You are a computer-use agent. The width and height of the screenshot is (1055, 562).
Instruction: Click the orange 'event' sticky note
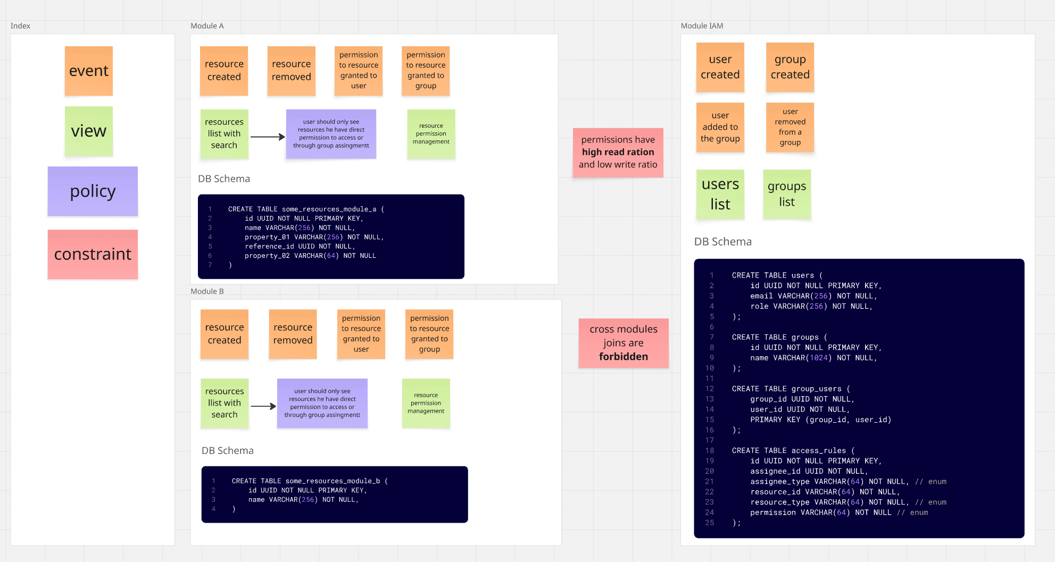click(89, 71)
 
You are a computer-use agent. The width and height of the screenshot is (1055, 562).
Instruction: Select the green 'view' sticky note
click(89, 131)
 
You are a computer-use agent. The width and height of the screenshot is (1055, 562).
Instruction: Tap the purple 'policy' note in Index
click(93, 191)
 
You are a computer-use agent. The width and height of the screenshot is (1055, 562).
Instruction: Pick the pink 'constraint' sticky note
click(93, 254)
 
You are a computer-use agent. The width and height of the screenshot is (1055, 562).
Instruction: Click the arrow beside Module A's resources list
click(268, 137)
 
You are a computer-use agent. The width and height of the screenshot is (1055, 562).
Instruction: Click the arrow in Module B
click(263, 406)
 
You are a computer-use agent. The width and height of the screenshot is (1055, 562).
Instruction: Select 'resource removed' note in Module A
click(291, 71)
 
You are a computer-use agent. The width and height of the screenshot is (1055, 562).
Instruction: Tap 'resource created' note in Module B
click(225, 334)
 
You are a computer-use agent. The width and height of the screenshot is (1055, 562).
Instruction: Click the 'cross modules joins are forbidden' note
click(623, 343)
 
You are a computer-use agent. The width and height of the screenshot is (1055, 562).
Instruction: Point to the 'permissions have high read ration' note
click(618, 152)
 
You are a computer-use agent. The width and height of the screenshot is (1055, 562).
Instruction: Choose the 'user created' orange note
click(720, 67)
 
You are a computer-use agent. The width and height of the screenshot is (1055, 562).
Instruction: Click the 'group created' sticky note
click(790, 67)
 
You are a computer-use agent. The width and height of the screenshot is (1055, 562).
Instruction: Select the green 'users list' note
click(720, 194)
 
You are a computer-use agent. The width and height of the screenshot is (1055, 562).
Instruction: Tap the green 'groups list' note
click(786, 194)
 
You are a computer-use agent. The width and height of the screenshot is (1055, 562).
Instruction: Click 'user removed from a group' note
click(790, 127)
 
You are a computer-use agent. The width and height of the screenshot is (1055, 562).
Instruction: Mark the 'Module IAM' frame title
click(702, 26)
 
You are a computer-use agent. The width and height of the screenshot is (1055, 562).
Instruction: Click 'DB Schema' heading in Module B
click(227, 450)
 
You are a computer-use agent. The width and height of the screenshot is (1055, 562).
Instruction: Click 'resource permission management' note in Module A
click(431, 134)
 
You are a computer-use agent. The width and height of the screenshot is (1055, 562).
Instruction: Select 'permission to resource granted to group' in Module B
click(429, 334)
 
